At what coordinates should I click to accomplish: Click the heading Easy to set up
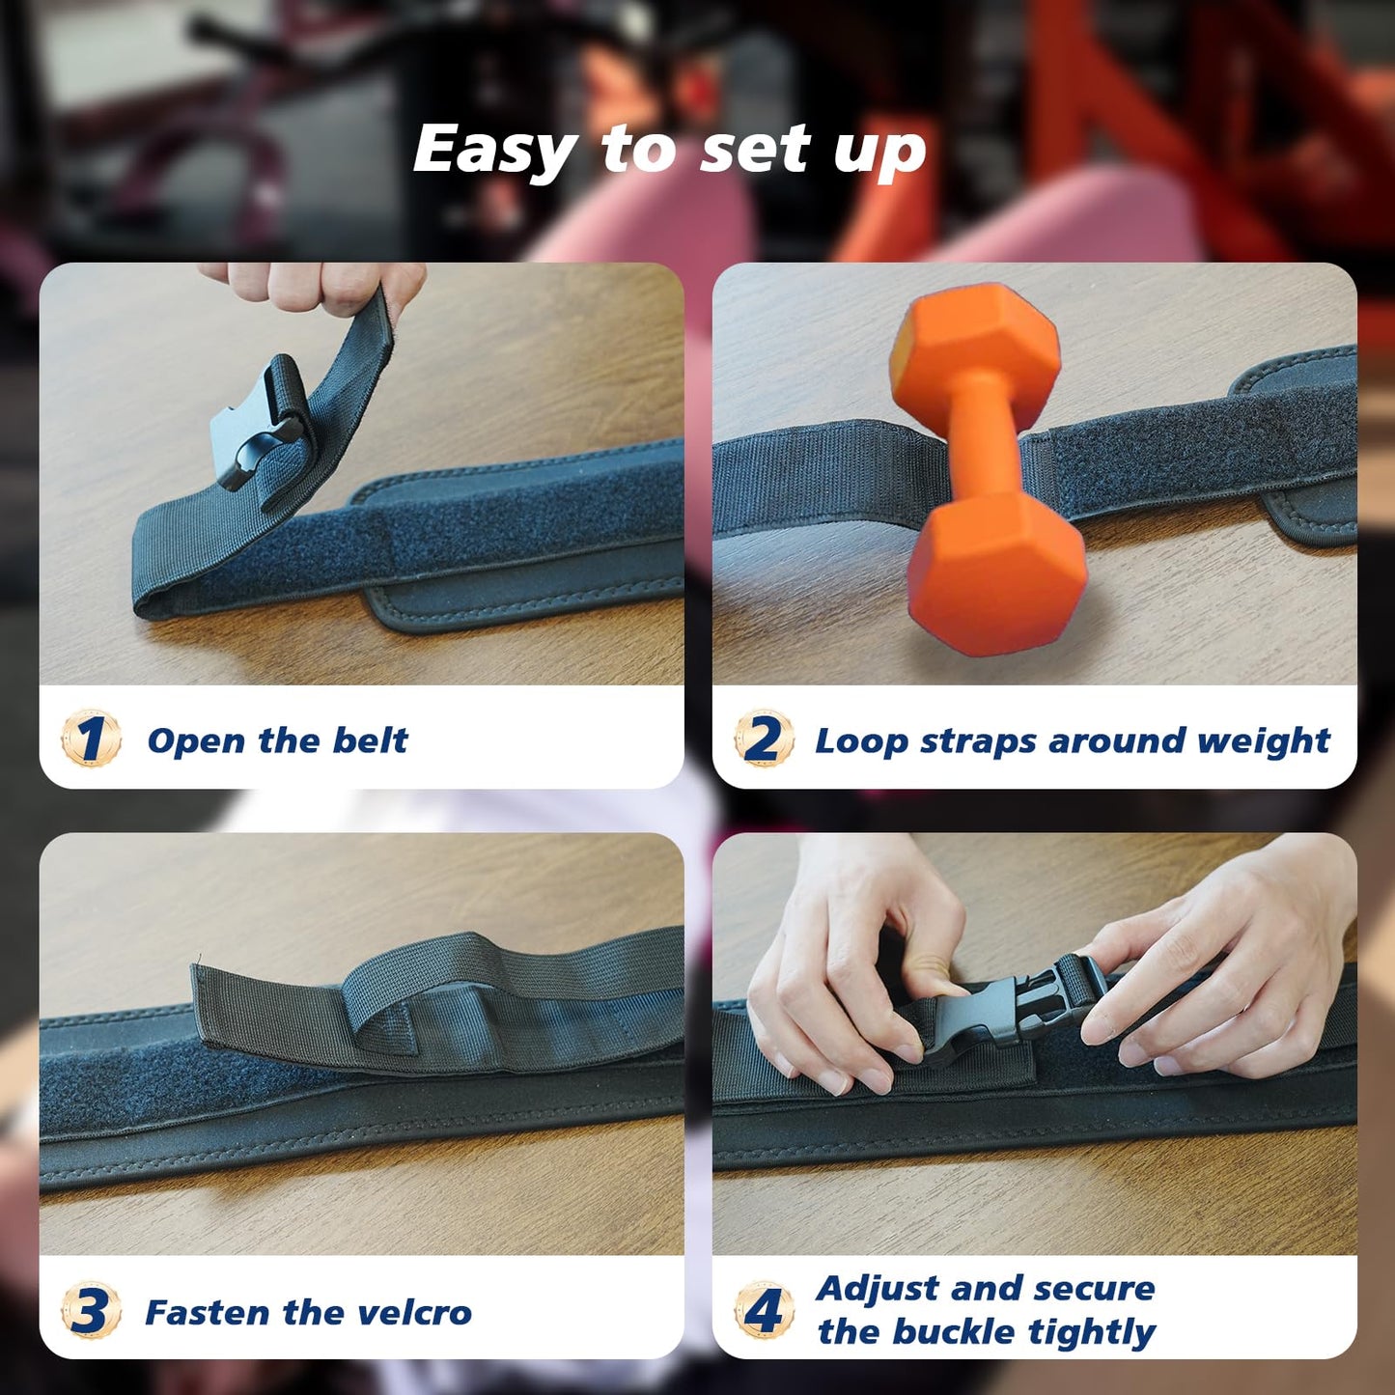pos(669,150)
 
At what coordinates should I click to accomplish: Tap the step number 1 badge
pos(91,739)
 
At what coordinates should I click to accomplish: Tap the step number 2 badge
pos(764,739)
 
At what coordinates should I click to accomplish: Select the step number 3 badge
pos(91,1311)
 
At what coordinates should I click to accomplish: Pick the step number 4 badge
pos(764,1310)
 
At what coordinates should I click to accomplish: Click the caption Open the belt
pos(277,740)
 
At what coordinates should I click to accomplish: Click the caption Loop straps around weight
pos(1072,740)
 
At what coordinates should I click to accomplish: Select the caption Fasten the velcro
pos(308,1312)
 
